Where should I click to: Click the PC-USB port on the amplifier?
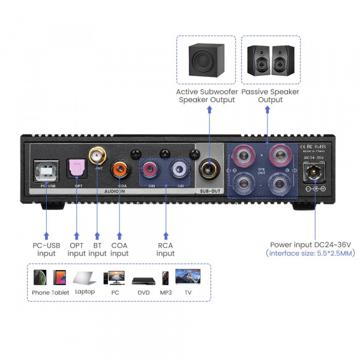click(x=48, y=172)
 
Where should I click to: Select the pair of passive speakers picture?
click(x=271, y=59)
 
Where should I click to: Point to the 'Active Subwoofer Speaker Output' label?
click(x=207, y=96)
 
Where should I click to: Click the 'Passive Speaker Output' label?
click(x=271, y=96)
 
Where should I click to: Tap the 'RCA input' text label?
click(x=166, y=250)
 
